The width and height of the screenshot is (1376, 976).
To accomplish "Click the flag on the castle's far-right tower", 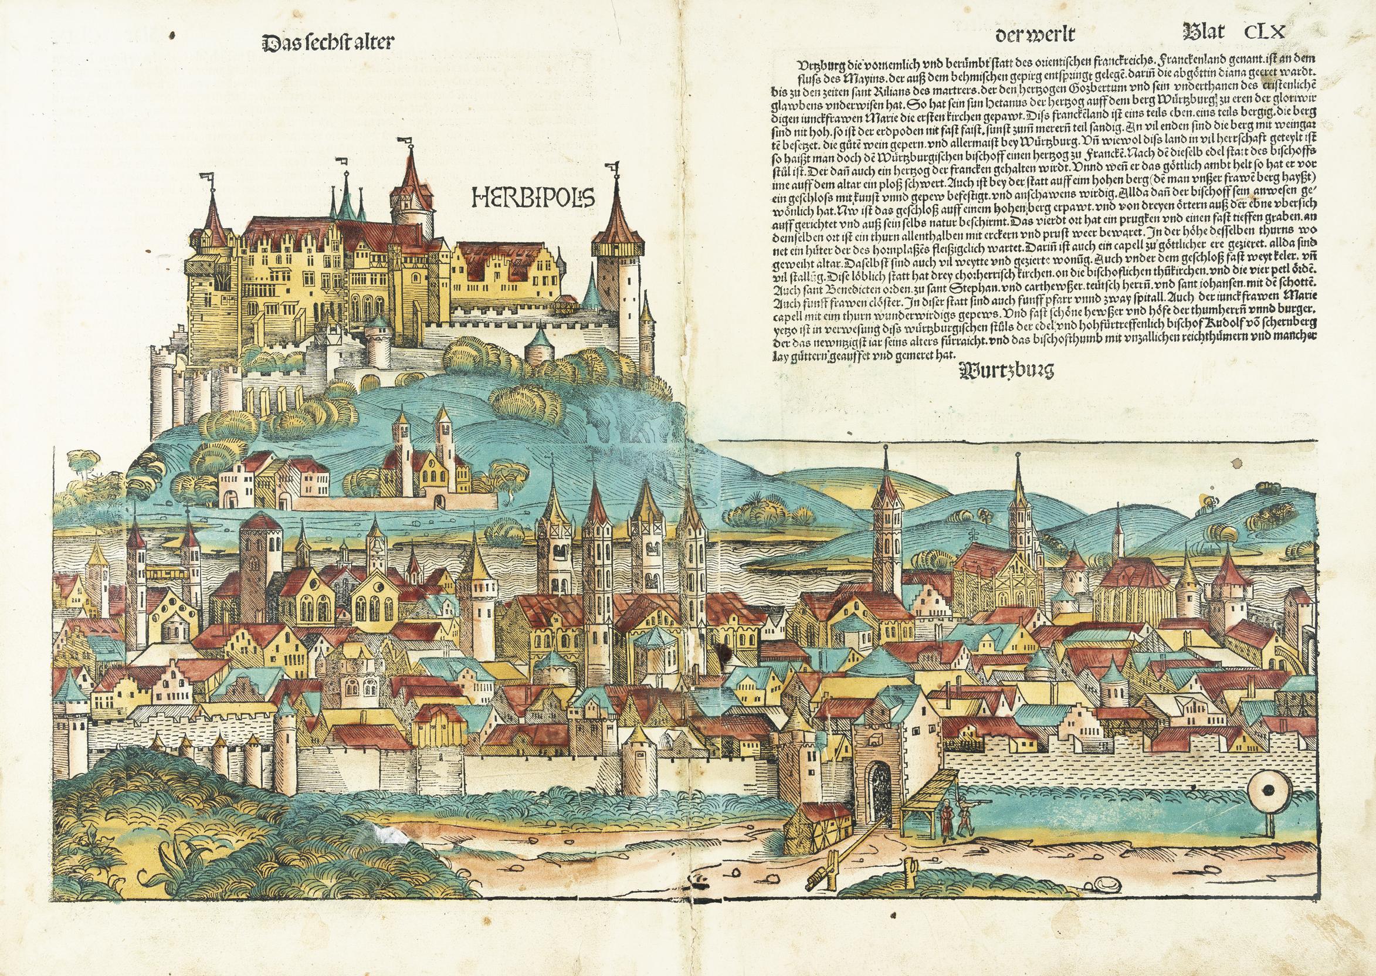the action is point(614,167).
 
